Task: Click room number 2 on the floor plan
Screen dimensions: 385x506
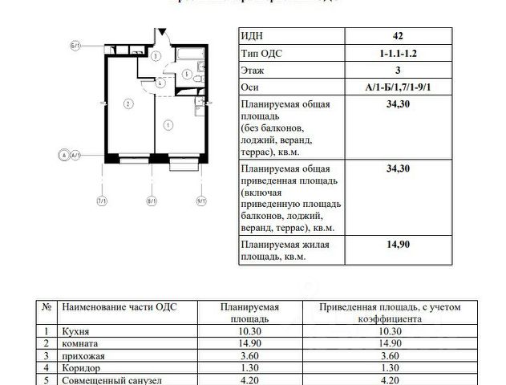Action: (128, 103)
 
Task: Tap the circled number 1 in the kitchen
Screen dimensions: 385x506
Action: (168, 124)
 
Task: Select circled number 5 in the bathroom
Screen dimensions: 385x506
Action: (186, 75)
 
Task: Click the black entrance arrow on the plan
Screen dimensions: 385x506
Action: (160, 30)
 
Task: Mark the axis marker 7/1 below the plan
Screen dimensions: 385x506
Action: (103, 201)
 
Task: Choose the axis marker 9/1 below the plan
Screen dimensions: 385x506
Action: (201, 201)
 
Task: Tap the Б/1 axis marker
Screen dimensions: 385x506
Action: (75, 47)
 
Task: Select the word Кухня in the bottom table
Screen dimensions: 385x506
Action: (78, 330)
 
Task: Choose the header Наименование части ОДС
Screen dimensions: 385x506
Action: (119, 306)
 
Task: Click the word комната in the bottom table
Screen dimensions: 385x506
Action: (83, 344)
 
